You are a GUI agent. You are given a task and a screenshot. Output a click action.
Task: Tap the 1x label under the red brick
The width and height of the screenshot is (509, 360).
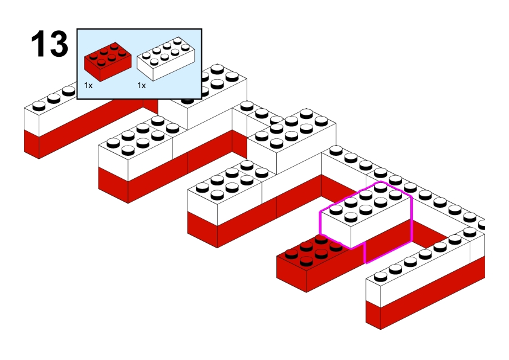point(88,86)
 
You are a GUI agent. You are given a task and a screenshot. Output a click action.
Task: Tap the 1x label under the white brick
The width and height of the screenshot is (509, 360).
point(141,86)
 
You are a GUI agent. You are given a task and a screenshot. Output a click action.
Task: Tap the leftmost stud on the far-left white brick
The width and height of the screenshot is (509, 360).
point(37,106)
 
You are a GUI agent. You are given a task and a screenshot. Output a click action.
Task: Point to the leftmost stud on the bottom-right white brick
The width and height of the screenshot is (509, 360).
point(380,277)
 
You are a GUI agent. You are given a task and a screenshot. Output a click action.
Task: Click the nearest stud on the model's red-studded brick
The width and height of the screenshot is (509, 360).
point(306,261)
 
